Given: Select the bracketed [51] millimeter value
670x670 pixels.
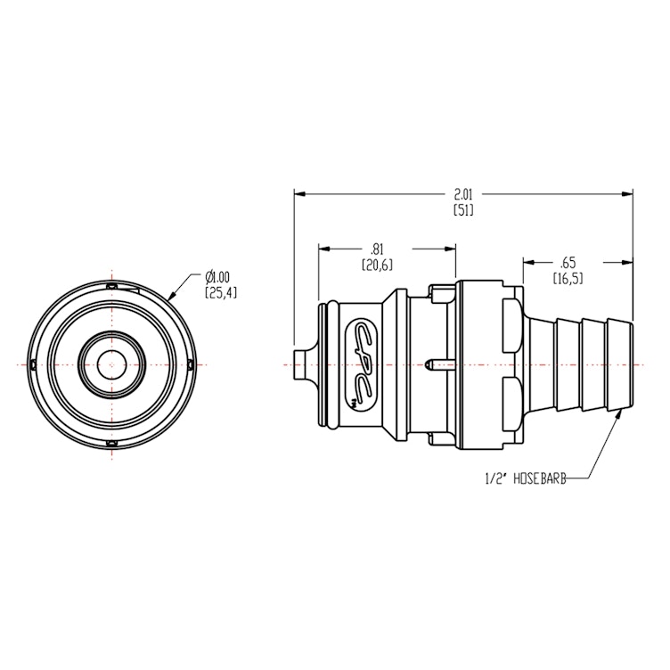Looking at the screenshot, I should pos(463,210).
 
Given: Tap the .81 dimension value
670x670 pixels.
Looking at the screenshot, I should pos(377,250).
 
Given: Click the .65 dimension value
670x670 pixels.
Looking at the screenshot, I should pos(567,264).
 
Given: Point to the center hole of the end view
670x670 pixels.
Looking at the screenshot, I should pos(111,364).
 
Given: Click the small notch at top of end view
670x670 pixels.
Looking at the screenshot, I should pos(111,285).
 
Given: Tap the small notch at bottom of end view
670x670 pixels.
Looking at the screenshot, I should pos(111,443).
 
